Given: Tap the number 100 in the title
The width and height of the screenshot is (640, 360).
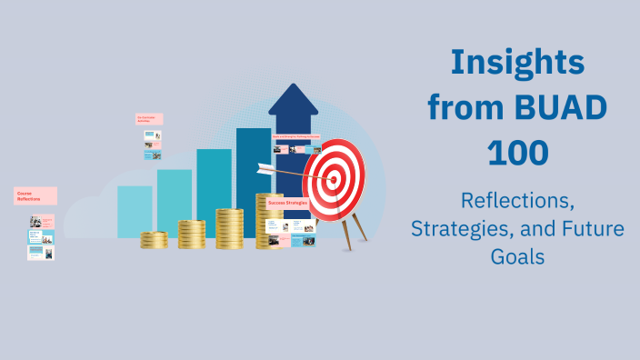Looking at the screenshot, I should coord(517,152).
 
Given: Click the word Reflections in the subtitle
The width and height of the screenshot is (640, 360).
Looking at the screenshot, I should coord(517,199).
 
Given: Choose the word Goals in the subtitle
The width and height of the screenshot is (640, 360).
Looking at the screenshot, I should coord(517,256).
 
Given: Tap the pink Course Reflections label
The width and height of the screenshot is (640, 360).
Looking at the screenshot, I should coord(35,195).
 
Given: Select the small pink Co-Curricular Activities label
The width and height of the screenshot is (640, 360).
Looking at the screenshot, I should coord(149,118).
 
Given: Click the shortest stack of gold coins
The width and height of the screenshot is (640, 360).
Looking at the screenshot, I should coord(154,240).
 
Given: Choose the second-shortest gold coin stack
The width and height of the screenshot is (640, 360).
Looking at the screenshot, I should coord(191,235).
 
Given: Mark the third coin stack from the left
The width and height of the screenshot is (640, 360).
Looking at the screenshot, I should coord(229,228).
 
